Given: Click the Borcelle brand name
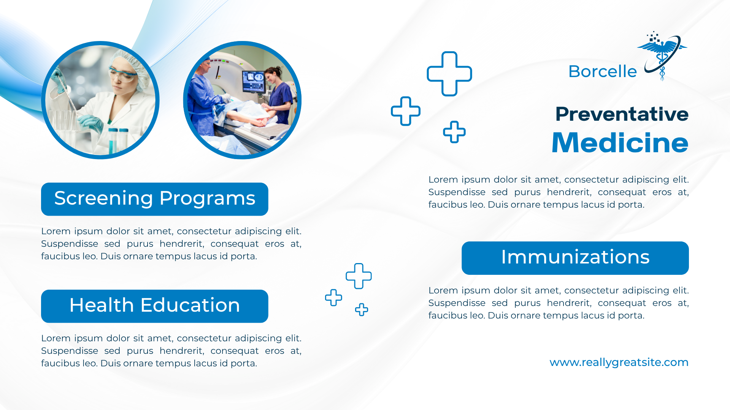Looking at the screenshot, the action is [603, 71].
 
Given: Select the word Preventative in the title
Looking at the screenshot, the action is [622, 114].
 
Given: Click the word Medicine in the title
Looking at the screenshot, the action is [620, 143].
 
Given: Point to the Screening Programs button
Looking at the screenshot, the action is [155, 199].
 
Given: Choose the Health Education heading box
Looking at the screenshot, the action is [155, 306].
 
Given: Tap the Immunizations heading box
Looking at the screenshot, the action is [575, 258].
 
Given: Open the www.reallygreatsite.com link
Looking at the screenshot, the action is [619, 362].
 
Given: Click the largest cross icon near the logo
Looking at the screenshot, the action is [449, 74].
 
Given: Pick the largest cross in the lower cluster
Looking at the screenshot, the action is [359, 276].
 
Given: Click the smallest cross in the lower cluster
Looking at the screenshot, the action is [362, 310].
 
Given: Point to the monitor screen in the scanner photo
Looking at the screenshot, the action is [254, 81].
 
